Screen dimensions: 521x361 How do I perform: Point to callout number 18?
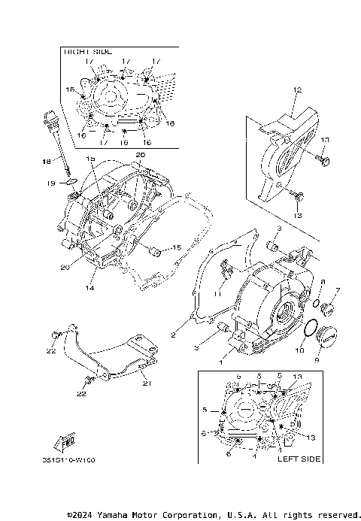coord(46,162)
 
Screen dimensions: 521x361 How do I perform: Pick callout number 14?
coord(89,287)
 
